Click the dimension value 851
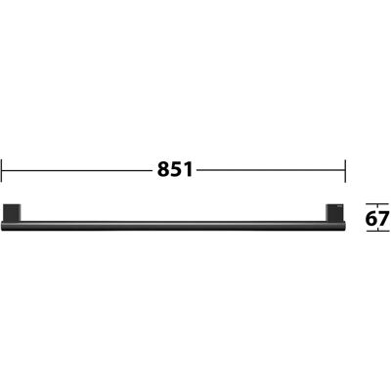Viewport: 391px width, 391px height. click(x=175, y=170)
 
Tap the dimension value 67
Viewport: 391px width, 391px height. click(x=377, y=218)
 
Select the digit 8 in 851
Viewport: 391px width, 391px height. click(x=163, y=170)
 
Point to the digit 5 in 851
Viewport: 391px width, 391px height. click(x=176, y=170)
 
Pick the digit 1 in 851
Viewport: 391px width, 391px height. click(x=188, y=170)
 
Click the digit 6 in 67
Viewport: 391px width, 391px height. click(x=371, y=218)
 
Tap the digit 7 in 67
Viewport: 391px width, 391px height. click(x=384, y=218)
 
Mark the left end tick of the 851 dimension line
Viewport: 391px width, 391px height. click(x=2, y=171)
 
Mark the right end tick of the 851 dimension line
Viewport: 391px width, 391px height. click(x=345, y=171)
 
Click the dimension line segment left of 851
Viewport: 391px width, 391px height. click(x=77, y=170)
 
